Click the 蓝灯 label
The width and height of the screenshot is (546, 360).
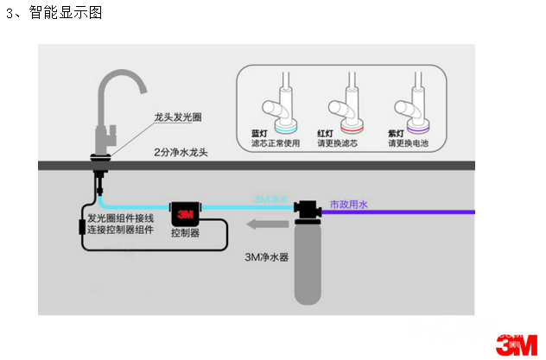pyautogui.click(x=259, y=134)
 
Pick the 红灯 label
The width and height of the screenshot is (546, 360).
pyautogui.click(x=326, y=134)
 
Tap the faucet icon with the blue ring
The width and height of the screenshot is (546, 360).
pyautogui.click(x=283, y=104)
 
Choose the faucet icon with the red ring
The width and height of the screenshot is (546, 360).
pyautogui.click(x=348, y=104)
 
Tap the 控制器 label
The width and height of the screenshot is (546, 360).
pyautogui.click(x=186, y=233)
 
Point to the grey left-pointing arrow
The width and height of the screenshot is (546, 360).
pyautogui.click(x=262, y=226)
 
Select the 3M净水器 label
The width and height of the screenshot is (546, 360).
pyautogui.click(x=263, y=256)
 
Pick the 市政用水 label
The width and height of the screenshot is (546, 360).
pyautogui.click(x=349, y=205)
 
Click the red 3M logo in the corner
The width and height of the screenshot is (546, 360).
pyautogui.click(x=516, y=344)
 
